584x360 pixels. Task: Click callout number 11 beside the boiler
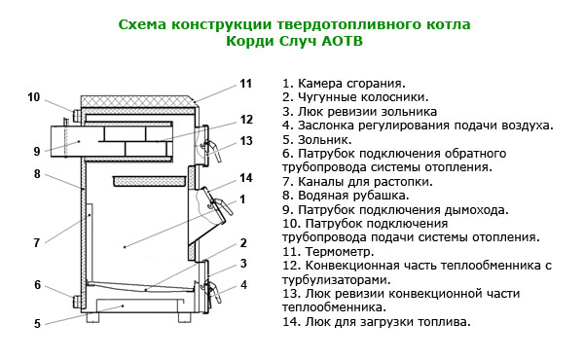coord(246,84)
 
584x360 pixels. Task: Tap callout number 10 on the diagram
coord(33,97)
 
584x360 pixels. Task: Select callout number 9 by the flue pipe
coord(37,152)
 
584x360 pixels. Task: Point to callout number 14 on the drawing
coord(246,178)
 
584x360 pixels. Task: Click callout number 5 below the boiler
coord(37,324)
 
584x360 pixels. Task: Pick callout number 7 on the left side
coord(37,242)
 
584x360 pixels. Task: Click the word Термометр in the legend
coord(340,252)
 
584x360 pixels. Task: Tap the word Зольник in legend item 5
coord(324,139)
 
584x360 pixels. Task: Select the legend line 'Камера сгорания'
coord(344,84)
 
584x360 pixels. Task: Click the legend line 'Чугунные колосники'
coord(355,97)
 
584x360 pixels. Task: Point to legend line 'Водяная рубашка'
coord(346,196)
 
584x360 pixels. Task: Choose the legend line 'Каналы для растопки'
coord(357,182)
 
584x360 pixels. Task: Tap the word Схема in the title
coord(142,24)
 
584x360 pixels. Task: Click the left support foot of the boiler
coord(93,317)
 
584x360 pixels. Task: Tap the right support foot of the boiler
coord(184,317)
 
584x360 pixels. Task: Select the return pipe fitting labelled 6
coord(77,302)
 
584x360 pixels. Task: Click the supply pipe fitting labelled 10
coord(77,116)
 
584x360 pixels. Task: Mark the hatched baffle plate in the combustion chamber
coord(149,181)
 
